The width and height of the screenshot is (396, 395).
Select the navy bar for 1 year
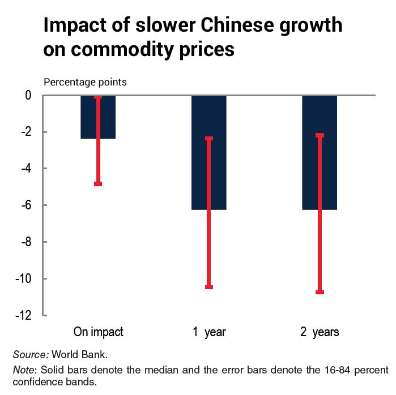198,170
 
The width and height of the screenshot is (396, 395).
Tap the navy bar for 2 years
310,170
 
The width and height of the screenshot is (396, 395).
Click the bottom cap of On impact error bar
98,184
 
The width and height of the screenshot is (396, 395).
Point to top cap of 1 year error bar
209,138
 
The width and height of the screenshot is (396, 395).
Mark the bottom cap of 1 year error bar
209,287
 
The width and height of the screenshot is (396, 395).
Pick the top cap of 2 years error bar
320,135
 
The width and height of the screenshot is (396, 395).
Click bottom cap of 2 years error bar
320,292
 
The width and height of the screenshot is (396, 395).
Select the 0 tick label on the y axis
28,96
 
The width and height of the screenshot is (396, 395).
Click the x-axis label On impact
98,332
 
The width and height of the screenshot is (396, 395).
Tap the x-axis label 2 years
320,332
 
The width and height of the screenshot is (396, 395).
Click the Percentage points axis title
86,82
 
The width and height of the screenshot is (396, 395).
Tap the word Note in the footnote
24,370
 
